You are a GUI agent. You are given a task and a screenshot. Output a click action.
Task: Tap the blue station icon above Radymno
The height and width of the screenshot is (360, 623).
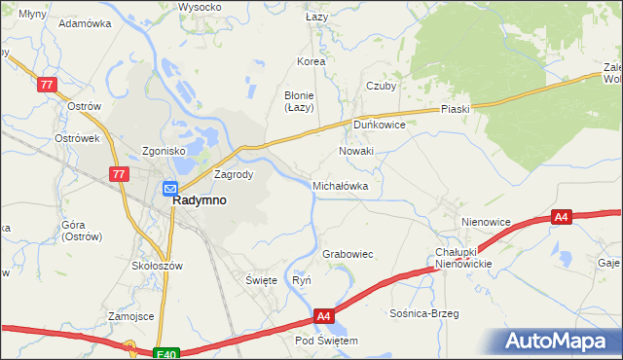(169, 189)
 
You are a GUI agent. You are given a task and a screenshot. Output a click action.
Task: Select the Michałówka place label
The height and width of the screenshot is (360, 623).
(340, 185)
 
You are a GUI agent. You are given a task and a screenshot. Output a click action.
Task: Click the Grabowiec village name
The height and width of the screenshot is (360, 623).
(348, 254)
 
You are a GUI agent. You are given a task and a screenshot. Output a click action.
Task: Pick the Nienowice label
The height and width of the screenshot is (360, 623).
(487, 222)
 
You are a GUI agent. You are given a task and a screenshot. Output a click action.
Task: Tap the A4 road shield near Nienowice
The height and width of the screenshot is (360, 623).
(561, 218)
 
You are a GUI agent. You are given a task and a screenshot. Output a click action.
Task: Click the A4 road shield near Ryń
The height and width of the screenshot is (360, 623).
(325, 316)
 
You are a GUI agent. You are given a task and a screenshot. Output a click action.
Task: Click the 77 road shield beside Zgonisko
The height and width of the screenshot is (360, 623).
(119, 173)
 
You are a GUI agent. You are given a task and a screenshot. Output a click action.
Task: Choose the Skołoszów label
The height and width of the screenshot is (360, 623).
(157, 265)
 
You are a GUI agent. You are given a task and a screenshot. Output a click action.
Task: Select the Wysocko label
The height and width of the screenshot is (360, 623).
(200, 7)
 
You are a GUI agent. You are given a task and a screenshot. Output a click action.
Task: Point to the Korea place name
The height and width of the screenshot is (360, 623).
(311, 61)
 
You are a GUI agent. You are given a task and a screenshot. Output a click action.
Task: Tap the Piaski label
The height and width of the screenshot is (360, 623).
(455, 109)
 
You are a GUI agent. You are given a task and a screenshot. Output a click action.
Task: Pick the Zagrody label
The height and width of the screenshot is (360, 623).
(234, 175)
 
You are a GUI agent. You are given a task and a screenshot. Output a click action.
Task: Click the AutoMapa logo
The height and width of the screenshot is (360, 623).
(557, 341)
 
